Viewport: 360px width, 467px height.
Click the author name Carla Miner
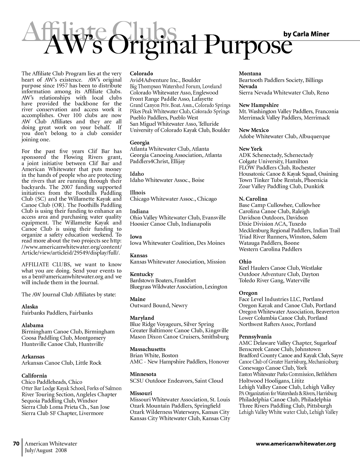coord(306,34)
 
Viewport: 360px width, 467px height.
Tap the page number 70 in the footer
coord(16,444)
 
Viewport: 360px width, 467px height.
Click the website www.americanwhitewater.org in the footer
coord(296,444)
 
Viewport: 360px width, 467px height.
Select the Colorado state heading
coord(141,73)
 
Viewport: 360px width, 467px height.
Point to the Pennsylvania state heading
coord(255,337)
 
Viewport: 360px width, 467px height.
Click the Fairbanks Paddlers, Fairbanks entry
coord(57,313)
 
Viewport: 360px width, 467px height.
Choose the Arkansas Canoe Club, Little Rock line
coord(61,363)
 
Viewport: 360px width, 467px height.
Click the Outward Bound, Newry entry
coord(159,305)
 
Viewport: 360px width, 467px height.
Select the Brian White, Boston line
coord(154,355)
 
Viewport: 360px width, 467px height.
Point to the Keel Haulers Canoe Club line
coord(280,268)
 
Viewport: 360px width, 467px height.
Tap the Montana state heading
coord(250,73)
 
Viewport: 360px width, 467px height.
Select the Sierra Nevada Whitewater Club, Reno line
coord(284,93)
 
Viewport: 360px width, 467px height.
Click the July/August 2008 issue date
coord(46,450)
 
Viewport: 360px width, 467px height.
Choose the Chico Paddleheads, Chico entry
coord(52,382)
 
